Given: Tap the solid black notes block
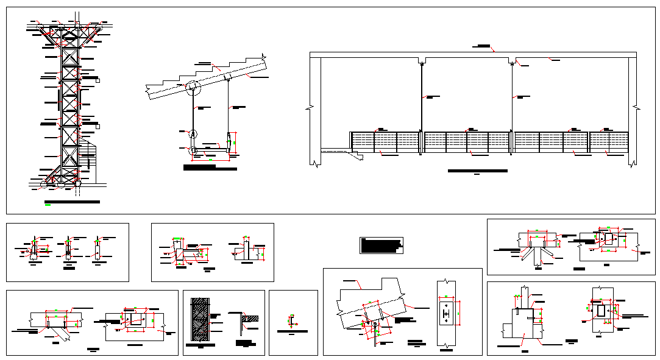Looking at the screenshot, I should point(381,245).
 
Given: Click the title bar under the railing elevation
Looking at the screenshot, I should point(477,171).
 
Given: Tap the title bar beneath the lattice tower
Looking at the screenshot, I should point(72,201).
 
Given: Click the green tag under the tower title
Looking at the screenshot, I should point(48,206).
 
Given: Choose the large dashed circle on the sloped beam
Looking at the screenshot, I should point(193,89).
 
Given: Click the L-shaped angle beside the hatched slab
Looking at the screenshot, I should point(240,320).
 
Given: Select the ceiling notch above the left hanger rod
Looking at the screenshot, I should point(422,61).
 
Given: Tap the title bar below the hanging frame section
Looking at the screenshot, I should point(210,167).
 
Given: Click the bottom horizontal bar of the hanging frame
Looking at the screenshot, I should point(210,150).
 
